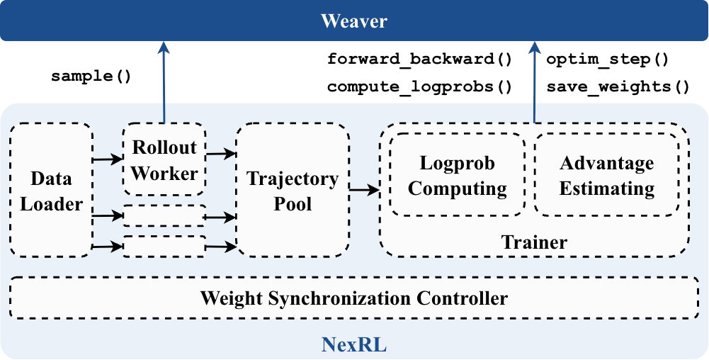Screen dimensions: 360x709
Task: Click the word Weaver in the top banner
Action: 354,21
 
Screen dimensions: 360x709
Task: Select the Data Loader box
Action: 51,190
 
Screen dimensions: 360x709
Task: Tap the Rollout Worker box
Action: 164,159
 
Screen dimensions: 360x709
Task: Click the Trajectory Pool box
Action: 293,190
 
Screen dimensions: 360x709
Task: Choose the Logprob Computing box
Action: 458,175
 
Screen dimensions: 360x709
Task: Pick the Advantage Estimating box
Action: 606,175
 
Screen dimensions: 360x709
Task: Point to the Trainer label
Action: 534,242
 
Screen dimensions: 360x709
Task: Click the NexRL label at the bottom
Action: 354,345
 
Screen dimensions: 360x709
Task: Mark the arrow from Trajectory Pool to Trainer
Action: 364,190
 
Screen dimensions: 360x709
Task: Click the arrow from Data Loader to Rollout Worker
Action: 108,159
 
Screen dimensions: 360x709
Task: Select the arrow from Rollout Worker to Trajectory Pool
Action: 221,152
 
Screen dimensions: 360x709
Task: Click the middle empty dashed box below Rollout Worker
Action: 164,216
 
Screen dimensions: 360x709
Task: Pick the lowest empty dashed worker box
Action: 164,246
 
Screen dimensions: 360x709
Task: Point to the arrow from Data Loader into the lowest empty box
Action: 108,247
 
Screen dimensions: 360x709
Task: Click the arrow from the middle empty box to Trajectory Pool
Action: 221,217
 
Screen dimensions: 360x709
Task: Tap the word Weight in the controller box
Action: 227,298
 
